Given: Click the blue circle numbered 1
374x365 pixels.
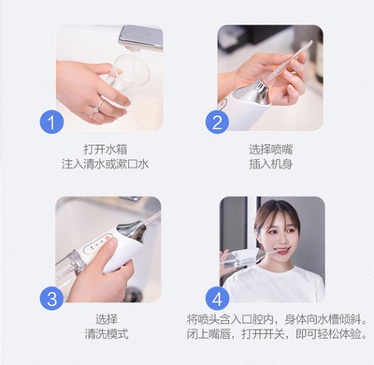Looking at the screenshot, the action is click(51, 122).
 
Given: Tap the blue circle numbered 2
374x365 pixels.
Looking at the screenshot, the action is click(217, 122).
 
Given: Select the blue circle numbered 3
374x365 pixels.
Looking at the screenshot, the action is click(51, 299).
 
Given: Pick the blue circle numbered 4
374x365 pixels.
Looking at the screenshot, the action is click(217, 299).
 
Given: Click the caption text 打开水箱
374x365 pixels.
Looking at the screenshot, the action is click(106, 149).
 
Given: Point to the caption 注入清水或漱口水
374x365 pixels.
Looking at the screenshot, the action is click(106, 164).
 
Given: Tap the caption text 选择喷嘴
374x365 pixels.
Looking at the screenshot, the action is click(271, 149).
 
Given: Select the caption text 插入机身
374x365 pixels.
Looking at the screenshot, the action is click(271, 164).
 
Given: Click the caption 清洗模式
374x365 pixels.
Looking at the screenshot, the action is click(107, 334).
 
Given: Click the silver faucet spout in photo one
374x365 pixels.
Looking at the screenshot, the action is click(141, 38).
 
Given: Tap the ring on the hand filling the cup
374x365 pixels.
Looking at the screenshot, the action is click(97, 108).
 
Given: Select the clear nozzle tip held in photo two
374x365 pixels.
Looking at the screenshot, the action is click(289, 61).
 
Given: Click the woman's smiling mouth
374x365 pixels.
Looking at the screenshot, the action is click(282, 250).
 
